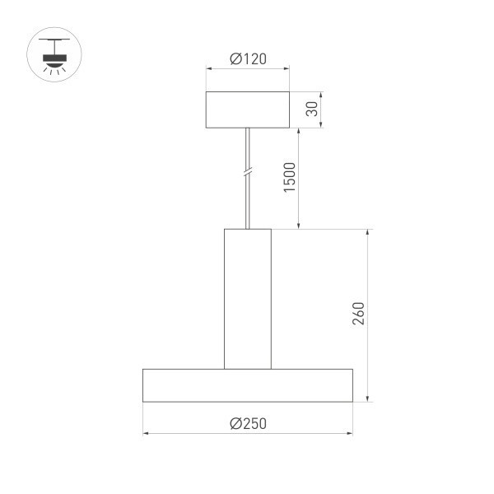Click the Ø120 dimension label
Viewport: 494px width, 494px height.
[247, 59]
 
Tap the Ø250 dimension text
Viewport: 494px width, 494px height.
[247, 423]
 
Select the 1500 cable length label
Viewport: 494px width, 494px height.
[289, 178]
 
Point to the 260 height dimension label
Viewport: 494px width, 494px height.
[357, 315]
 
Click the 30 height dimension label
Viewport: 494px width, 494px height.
[311, 110]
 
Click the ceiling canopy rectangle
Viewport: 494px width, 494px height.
[247, 110]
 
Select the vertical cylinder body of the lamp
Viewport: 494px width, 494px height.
[247, 298]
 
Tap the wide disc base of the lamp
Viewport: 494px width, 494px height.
[247, 385]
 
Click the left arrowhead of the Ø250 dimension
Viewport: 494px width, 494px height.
[146, 432]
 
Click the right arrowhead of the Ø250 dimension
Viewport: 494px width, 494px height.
[350, 432]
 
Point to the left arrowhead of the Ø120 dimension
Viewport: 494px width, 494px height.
[208, 69]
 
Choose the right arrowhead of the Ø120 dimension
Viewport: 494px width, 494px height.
[287, 69]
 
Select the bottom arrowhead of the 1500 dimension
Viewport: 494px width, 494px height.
[299, 225]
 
